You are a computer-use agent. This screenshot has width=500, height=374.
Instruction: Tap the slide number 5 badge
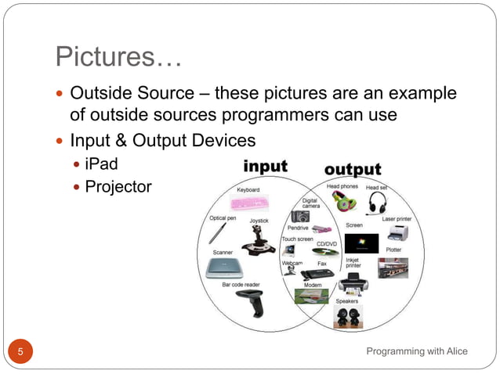tap(21, 351)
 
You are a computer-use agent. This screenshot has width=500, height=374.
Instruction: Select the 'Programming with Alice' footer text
tap(417, 351)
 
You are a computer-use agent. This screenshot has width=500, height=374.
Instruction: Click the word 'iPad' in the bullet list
tap(101, 165)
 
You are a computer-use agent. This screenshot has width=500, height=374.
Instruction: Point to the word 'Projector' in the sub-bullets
tap(118, 186)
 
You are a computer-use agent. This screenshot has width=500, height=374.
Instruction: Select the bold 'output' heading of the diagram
tap(353, 168)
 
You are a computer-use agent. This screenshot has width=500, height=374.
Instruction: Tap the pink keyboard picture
tap(248, 204)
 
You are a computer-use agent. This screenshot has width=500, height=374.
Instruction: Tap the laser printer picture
tap(398, 232)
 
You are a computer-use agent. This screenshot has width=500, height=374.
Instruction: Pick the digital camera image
tap(299, 215)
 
